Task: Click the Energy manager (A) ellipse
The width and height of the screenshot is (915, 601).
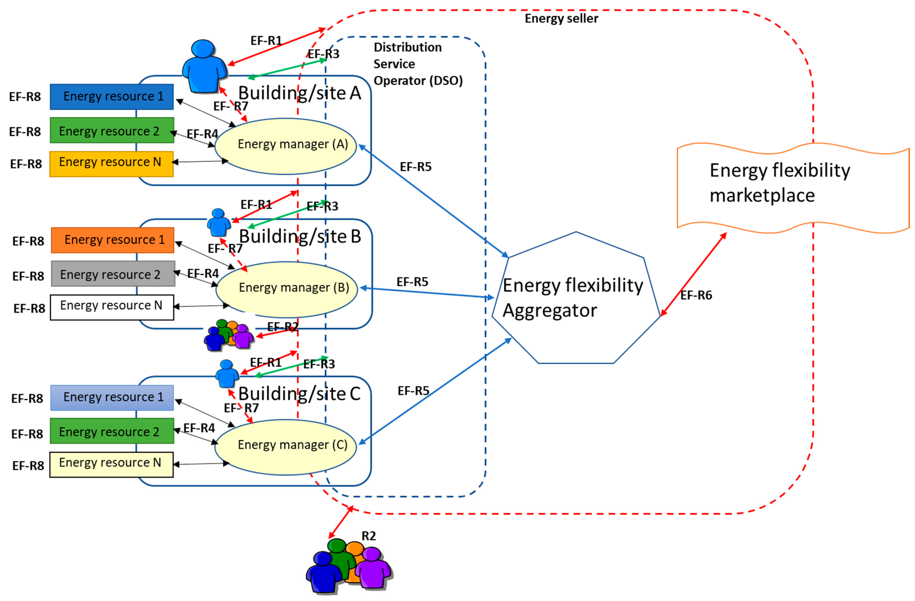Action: pyautogui.click(x=285, y=146)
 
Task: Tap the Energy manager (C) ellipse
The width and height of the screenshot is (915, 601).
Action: pyautogui.click(x=285, y=446)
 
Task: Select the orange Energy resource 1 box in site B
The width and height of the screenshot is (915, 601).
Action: pyautogui.click(x=113, y=240)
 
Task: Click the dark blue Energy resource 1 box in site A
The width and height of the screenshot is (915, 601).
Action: pyautogui.click(x=111, y=97)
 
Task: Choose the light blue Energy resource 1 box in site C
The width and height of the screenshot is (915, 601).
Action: pyautogui.click(x=112, y=397)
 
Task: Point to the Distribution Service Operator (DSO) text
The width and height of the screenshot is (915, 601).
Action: pyautogui.click(x=417, y=64)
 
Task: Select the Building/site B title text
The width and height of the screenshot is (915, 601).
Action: pyautogui.click(x=300, y=236)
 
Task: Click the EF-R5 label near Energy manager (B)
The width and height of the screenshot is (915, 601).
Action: pyautogui.click(x=412, y=282)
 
